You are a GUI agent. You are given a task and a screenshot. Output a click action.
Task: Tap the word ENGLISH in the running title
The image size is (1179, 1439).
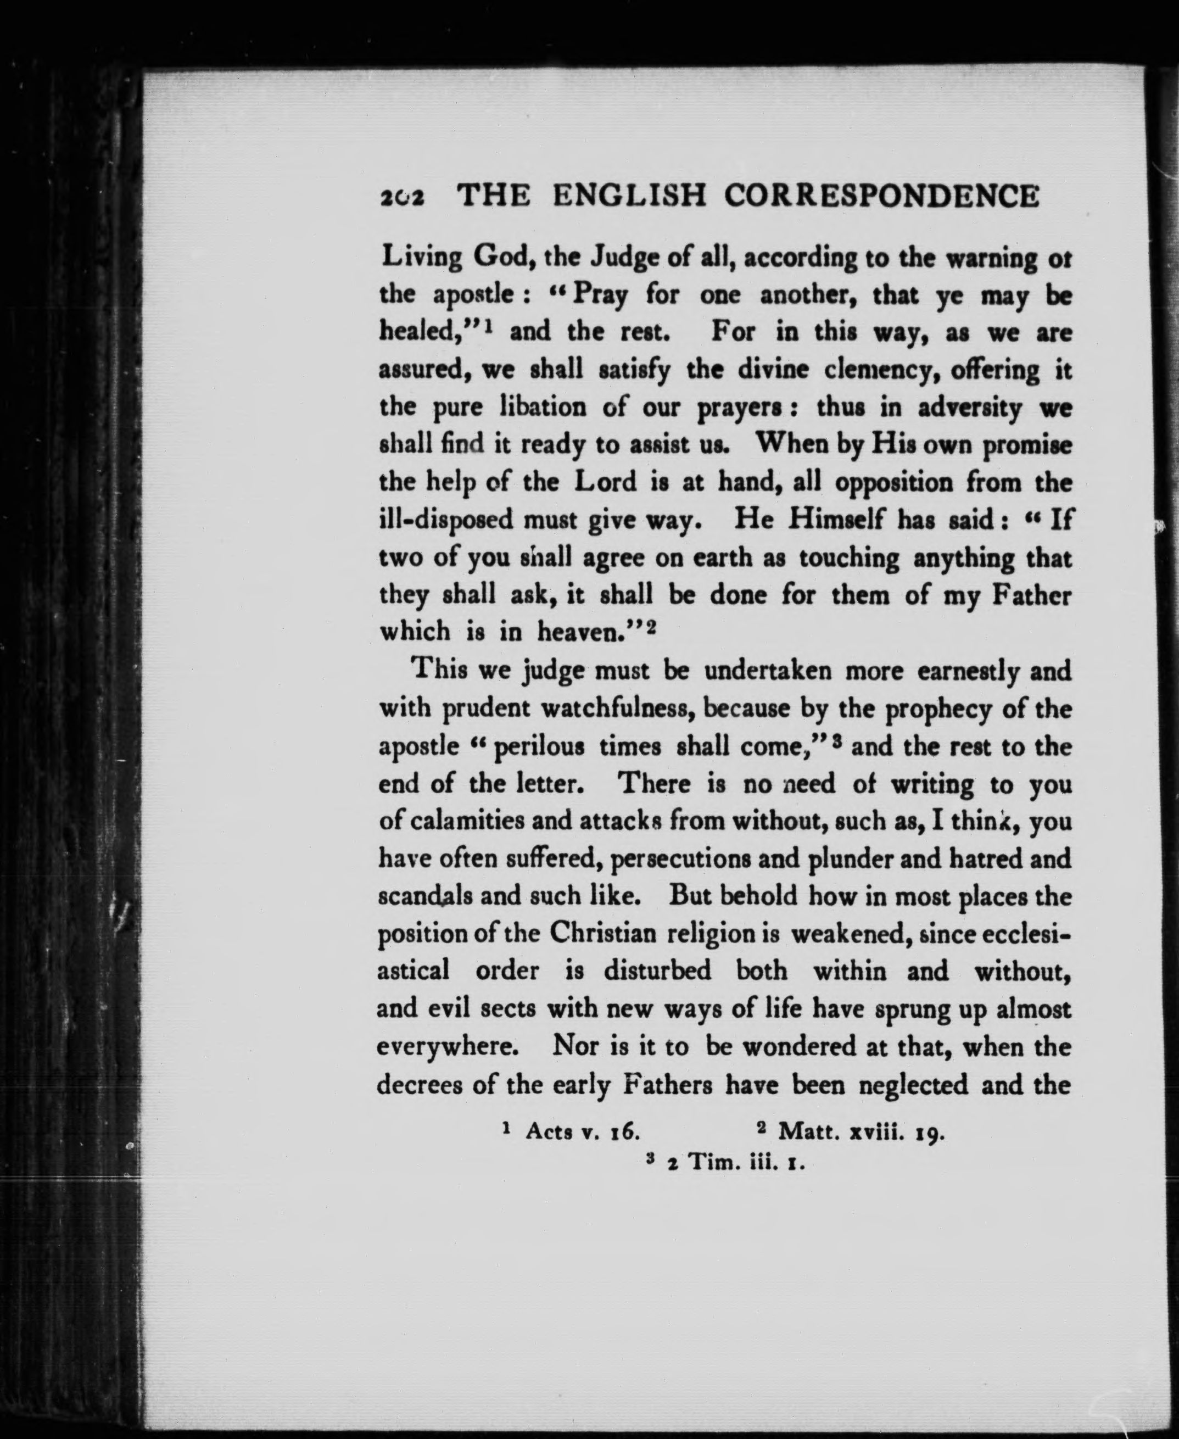click(x=629, y=197)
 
